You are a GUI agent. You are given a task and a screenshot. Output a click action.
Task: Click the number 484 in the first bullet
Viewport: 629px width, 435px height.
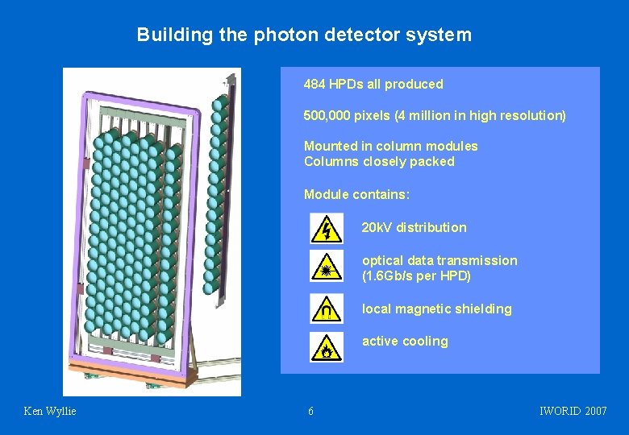(x=314, y=84)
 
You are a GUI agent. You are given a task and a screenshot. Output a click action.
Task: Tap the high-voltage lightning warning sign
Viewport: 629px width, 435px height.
(x=326, y=228)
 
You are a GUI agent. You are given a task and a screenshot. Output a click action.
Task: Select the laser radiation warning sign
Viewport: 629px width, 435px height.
(x=326, y=267)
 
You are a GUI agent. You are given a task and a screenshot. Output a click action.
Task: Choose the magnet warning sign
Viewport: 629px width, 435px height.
(x=326, y=308)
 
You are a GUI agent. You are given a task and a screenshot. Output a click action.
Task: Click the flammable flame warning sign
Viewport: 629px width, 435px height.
(x=326, y=347)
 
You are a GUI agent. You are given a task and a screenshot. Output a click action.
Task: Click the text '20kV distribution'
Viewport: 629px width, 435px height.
(x=414, y=227)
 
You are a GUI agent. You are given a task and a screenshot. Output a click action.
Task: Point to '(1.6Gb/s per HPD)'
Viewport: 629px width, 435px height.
(x=416, y=275)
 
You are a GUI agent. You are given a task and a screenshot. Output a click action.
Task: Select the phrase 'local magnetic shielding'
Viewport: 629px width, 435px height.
(x=436, y=309)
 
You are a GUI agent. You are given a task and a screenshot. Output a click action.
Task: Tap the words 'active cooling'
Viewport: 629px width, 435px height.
(x=405, y=341)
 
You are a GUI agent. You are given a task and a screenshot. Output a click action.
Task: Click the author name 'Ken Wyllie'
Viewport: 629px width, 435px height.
(x=50, y=412)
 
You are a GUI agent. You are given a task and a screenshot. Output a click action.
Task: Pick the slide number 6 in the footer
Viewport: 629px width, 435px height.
(x=311, y=412)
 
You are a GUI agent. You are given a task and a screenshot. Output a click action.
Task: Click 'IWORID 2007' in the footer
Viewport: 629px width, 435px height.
(x=573, y=412)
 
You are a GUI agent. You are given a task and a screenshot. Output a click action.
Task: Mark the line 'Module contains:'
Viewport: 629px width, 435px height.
(x=356, y=194)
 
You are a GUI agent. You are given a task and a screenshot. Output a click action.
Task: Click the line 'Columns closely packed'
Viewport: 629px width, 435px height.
(x=379, y=161)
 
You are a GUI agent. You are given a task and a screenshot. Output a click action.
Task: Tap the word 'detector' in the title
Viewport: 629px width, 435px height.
(x=358, y=35)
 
